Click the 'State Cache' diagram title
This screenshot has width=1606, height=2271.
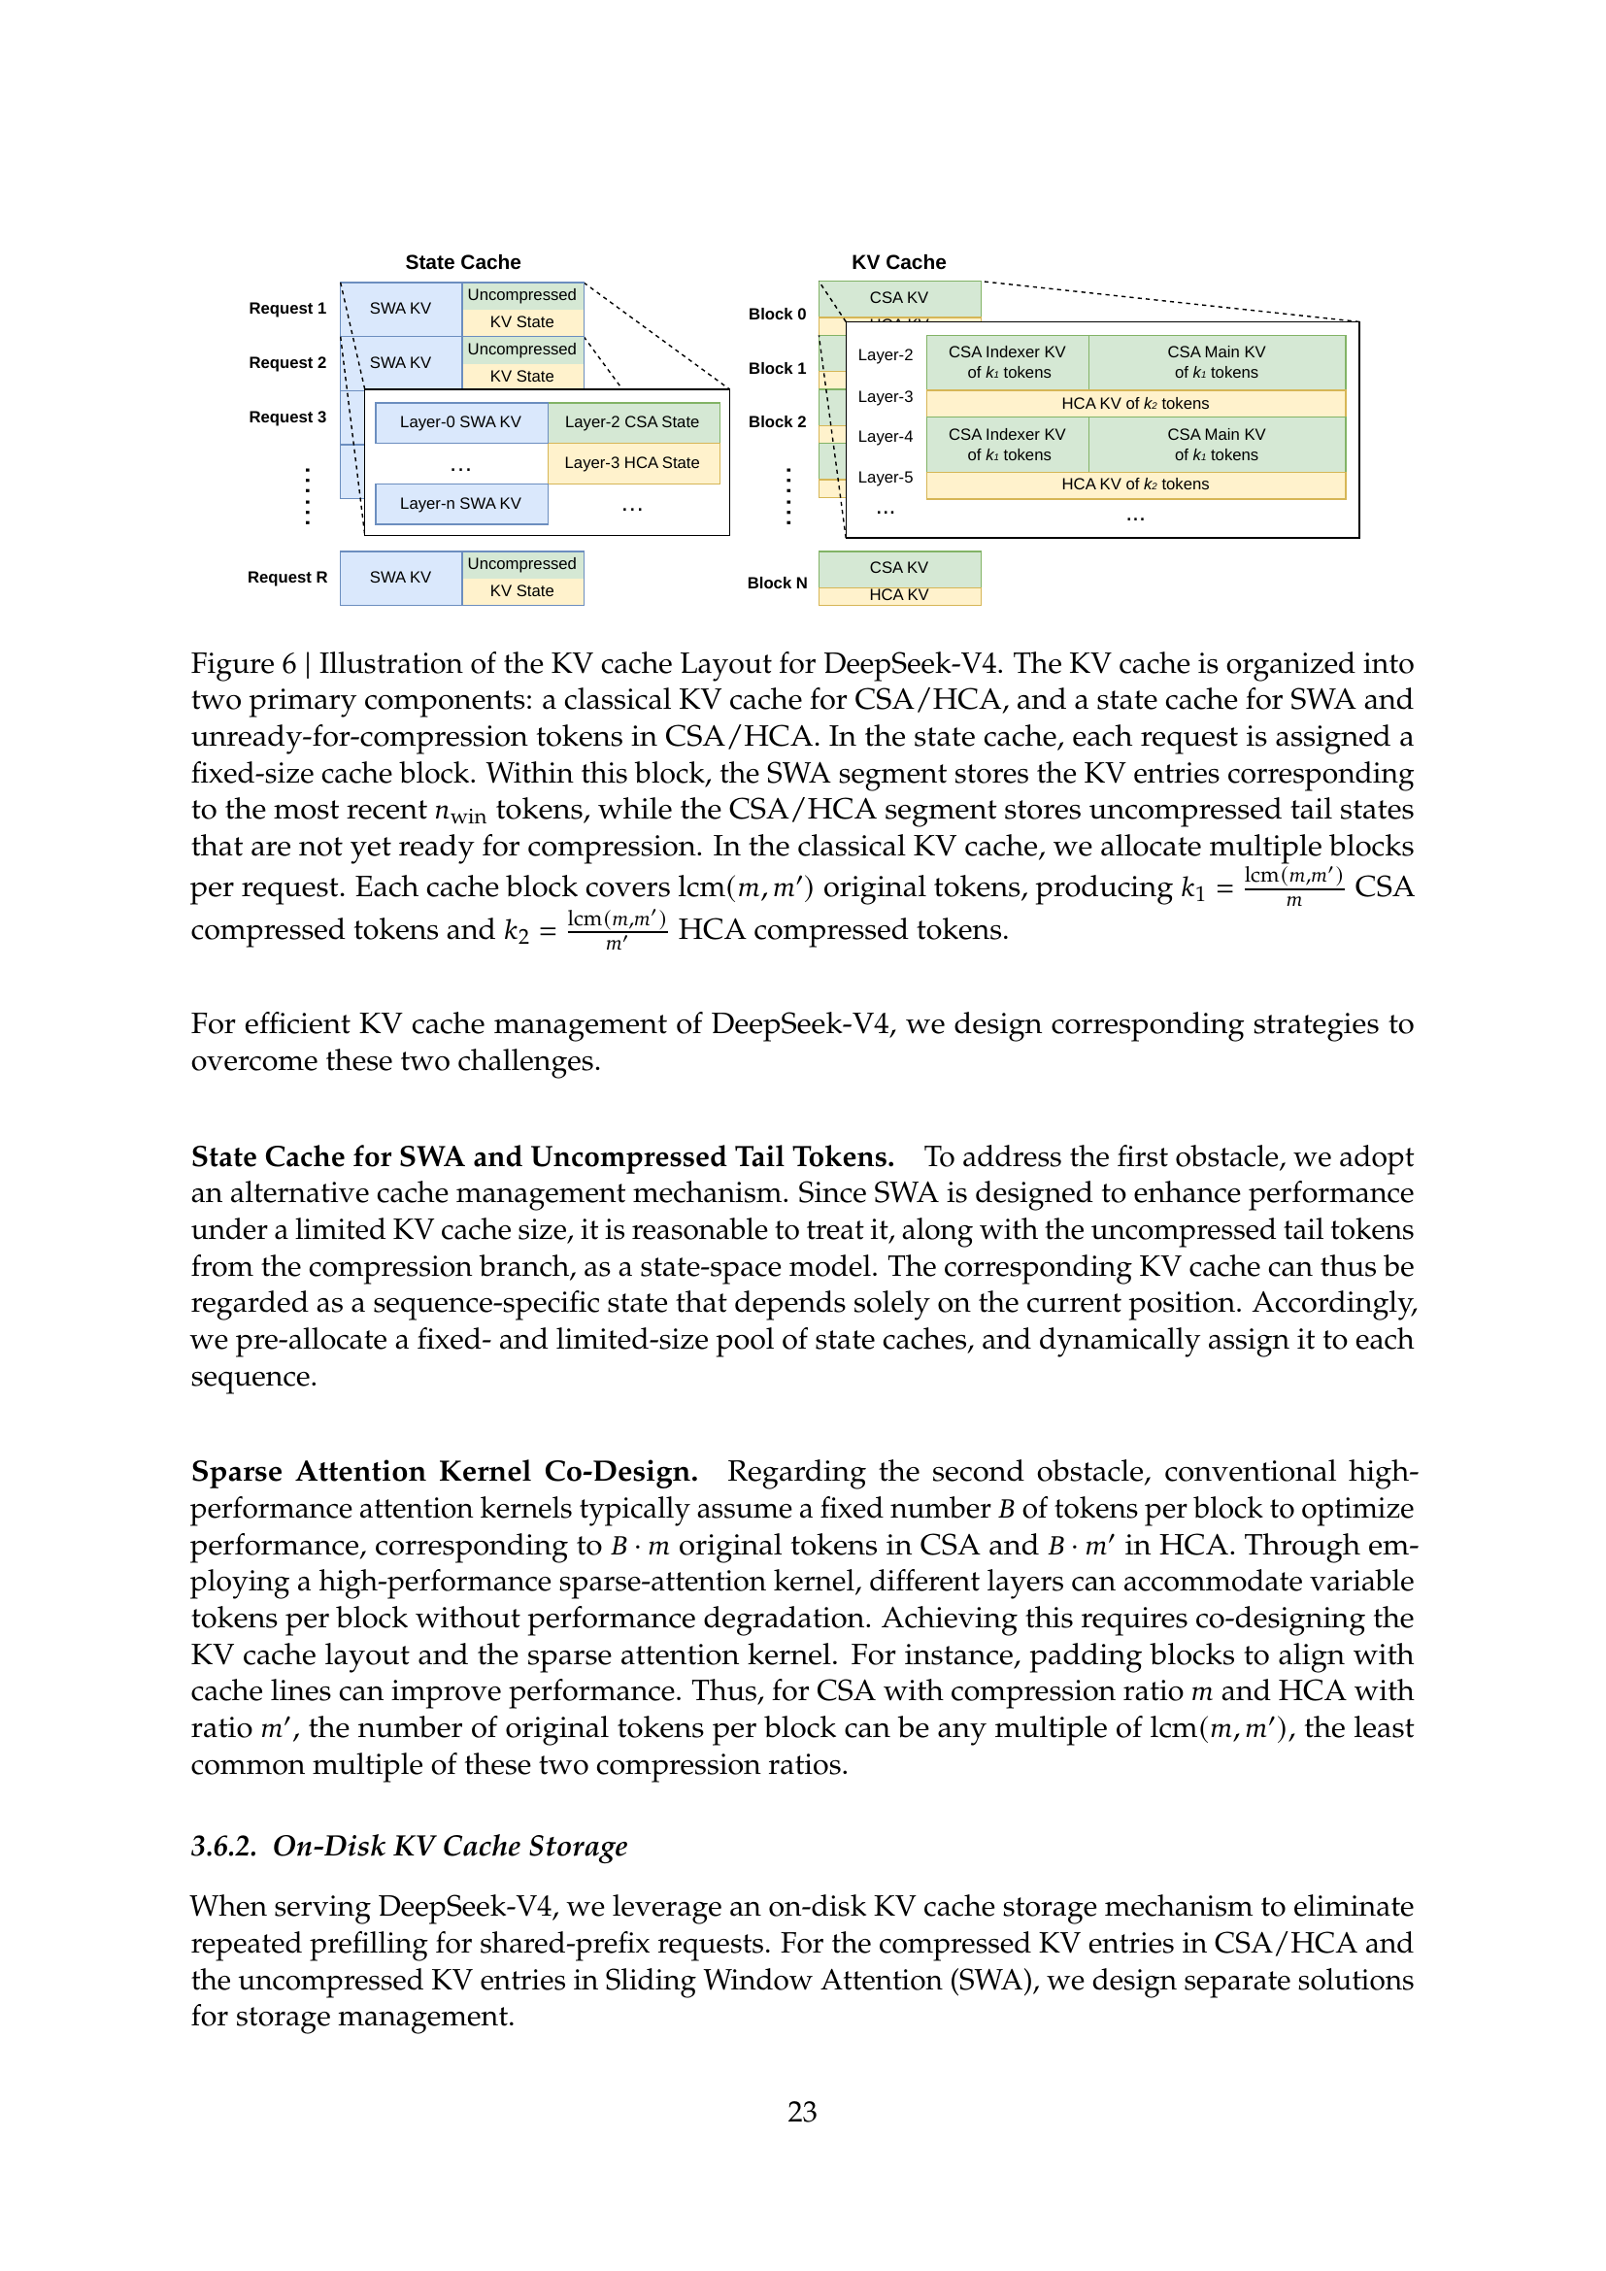pos(462,262)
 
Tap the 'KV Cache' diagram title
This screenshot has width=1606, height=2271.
pos(898,262)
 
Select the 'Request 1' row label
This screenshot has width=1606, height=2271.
pos(286,309)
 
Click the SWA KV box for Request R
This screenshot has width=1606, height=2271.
pos(399,578)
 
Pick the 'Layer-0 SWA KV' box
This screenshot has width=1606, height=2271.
pos(460,422)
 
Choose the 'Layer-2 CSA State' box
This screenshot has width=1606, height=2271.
pos(632,422)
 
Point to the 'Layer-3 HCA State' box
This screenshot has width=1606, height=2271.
pos(632,463)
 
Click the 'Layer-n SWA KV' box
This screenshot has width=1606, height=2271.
pos(460,504)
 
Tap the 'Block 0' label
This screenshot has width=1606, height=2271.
pos(777,315)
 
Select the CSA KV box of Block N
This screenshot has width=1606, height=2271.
pos(899,568)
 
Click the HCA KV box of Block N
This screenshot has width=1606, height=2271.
pos(899,595)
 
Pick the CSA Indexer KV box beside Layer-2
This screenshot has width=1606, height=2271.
pos(1007,362)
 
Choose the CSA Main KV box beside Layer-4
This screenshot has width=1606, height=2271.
pos(1216,444)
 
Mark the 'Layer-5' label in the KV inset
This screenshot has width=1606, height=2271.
pos(885,478)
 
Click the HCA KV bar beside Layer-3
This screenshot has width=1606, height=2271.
pos(1134,404)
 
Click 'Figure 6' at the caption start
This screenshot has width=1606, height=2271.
pos(244,664)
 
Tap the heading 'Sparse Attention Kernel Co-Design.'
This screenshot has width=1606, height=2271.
pos(444,1472)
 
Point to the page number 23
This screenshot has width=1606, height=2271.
pos(802,2112)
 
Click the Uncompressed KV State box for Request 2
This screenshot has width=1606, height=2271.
pos(521,362)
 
